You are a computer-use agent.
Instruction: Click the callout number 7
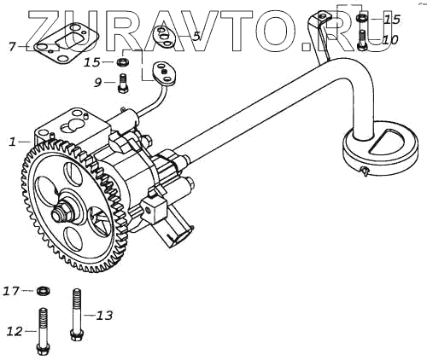pos(12,46)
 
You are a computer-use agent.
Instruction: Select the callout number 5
pos(196,36)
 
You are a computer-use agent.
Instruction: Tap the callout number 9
pos(97,83)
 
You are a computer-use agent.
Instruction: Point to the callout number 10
pos(390,40)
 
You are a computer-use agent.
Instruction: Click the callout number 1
pos(12,142)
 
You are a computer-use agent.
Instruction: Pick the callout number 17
pos(11,291)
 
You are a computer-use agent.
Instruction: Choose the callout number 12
pos(15,331)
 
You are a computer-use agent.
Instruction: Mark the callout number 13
pos(104,315)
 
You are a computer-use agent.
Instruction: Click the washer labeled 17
pos(44,291)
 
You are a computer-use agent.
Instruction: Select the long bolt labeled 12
pos(43,331)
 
